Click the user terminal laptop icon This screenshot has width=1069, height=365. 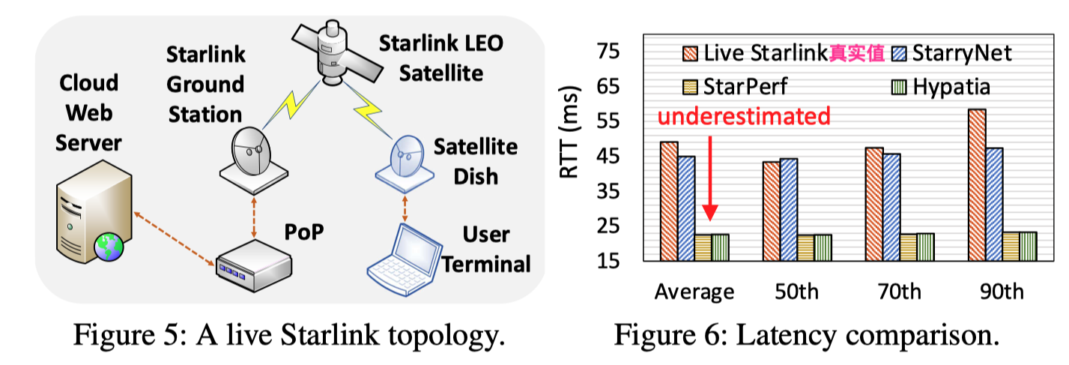point(405,254)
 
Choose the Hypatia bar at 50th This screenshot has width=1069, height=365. point(823,248)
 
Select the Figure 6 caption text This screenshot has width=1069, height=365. point(807,334)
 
